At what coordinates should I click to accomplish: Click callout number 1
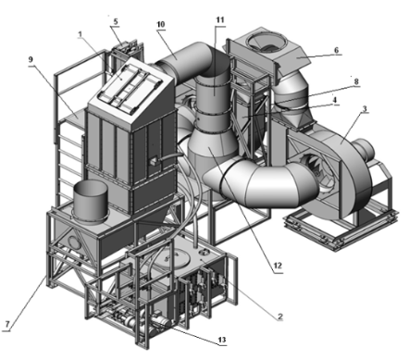(80, 34)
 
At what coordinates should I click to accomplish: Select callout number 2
(280, 317)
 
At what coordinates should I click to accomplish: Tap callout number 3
(365, 108)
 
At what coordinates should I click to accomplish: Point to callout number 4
(335, 100)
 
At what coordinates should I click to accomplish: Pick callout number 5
(116, 21)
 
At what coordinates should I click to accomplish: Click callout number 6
(336, 50)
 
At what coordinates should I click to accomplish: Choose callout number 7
(7, 324)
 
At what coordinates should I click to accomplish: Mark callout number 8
(356, 81)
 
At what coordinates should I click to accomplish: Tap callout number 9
(31, 59)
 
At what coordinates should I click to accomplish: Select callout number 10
(161, 24)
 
